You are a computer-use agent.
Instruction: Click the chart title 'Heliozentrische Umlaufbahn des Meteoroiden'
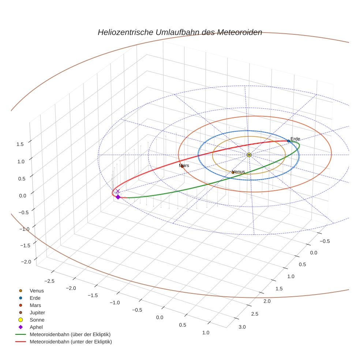[x=180, y=32]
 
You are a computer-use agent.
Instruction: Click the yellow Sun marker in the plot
[x=249, y=155]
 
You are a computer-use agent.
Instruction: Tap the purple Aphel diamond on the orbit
[x=118, y=197]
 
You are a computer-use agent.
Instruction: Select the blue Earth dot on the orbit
[x=288, y=141]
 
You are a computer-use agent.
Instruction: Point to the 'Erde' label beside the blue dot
[x=295, y=139]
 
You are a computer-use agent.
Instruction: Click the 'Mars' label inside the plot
[x=184, y=166]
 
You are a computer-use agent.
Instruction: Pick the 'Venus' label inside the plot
[x=239, y=172]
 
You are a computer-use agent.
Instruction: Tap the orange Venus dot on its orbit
[x=233, y=172]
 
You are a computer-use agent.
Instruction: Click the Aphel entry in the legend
[x=36, y=327]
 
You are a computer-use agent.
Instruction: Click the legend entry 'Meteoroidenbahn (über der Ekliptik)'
[x=70, y=334]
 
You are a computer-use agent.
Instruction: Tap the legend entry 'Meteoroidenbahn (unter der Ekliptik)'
[x=71, y=342]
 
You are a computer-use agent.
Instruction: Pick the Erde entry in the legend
[x=35, y=298]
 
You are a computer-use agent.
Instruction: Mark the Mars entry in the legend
[x=35, y=305]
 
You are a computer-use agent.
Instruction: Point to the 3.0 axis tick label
[x=242, y=327]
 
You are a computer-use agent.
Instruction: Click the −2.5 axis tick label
[x=50, y=281]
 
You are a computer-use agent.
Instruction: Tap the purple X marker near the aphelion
[x=118, y=191]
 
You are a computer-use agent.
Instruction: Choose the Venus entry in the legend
[x=37, y=290]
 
